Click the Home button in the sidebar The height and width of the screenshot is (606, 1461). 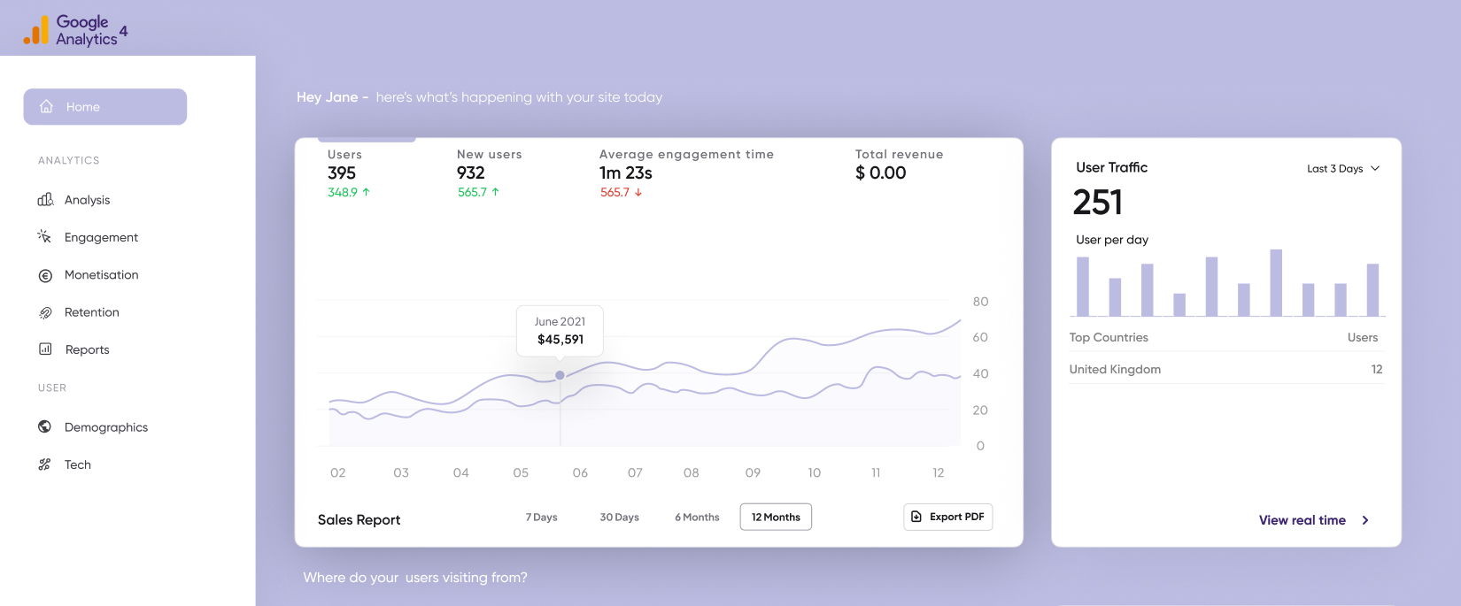[x=104, y=107]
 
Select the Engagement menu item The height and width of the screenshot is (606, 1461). [x=101, y=237]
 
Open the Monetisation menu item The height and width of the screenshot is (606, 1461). [x=101, y=275]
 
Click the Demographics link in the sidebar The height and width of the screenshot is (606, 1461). [x=105, y=427]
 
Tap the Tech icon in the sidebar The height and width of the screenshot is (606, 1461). [x=44, y=464]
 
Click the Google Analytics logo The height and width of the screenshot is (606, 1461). [x=76, y=30]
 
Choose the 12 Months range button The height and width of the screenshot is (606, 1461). [x=776, y=517]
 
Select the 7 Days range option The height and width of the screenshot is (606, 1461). [x=541, y=518]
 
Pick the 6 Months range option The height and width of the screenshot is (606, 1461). [x=697, y=518]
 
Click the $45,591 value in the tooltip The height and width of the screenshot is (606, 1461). [x=560, y=340]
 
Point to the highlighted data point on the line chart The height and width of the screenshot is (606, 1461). [x=560, y=375]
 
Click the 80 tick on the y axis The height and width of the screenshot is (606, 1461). [x=980, y=302]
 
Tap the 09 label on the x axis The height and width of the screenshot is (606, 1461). [x=753, y=473]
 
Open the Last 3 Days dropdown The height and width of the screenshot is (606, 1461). [x=1342, y=169]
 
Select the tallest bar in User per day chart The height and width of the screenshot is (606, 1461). [x=1276, y=282]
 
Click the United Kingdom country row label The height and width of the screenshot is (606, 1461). [x=1115, y=370]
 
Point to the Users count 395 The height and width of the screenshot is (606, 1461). [x=342, y=173]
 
